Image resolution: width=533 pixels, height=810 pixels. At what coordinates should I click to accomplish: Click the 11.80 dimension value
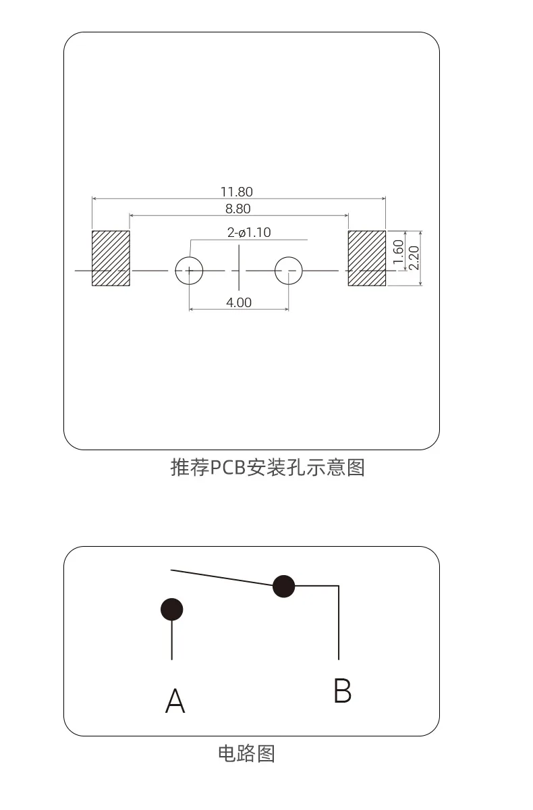coord(237,192)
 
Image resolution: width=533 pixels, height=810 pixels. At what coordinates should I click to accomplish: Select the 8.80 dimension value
coord(237,209)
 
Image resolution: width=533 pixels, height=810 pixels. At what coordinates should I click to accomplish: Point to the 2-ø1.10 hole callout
coord(249,232)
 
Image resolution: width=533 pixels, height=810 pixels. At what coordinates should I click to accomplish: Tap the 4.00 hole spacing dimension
coord(238,302)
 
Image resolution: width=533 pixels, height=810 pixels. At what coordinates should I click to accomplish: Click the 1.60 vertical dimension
coord(398,252)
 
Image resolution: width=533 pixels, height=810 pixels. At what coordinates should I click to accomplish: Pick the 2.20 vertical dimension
coord(414,258)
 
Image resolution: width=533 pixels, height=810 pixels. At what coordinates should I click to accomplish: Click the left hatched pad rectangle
coord(111,258)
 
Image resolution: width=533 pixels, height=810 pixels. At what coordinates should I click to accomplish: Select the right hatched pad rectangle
coord(367,258)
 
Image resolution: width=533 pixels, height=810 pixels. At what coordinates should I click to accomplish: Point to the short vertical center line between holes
coord(238,267)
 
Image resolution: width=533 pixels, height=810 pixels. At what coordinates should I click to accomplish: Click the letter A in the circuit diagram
coord(175,701)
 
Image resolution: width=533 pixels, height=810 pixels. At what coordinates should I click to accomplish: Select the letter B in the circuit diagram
coord(343,691)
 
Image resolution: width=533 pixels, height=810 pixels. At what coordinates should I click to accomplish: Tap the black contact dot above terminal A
coord(171,610)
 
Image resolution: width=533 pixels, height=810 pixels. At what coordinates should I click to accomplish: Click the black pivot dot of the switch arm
coord(283,586)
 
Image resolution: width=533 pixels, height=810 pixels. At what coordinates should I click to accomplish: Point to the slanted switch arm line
coord(222,578)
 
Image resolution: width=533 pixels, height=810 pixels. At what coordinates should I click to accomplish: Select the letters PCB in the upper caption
coord(228,467)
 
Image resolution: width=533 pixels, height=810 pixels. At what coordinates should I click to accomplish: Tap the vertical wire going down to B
coord(339,622)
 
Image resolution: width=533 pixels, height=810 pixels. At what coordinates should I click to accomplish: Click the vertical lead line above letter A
coord(171,640)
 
